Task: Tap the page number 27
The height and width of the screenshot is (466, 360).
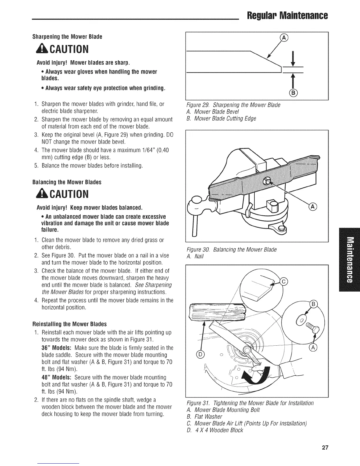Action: pyautogui.click(x=325, y=448)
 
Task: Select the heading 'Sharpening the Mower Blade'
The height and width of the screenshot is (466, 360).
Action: pyautogui.click(x=67, y=37)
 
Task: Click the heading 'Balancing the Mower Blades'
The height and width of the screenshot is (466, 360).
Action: pyautogui.click(x=67, y=182)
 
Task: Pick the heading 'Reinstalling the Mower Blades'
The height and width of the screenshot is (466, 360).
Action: pyautogui.click(x=69, y=324)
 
